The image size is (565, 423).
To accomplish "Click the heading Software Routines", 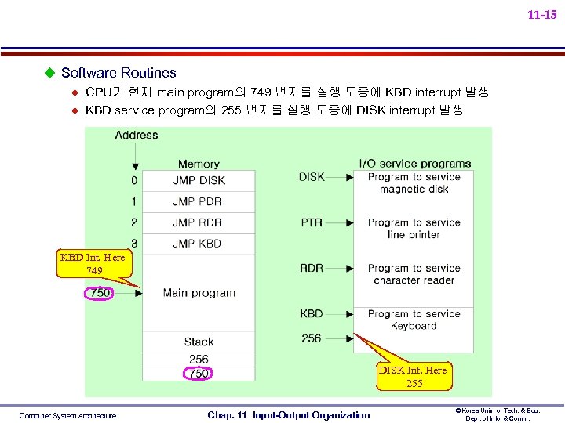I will [118, 73].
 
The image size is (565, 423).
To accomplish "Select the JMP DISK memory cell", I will [199, 180].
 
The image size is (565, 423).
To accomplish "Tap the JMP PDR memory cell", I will [197, 201].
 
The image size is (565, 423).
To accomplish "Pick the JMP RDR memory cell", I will [197, 222].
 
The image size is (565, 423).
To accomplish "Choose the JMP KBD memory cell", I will [197, 244].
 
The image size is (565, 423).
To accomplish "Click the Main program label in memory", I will [199, 293].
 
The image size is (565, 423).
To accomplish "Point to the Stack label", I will [199, 342].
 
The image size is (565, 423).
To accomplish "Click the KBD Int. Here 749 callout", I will [93, 264].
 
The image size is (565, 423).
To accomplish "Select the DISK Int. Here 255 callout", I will [414, 377].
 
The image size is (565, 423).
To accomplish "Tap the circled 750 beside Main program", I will [100, 293].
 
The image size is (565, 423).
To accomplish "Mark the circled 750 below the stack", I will [199, 374].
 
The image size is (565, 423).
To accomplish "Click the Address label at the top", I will [137, 135].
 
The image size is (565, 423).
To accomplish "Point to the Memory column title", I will [199, 164].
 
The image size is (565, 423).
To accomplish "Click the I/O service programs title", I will [415, 163].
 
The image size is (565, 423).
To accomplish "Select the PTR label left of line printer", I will [312, 222].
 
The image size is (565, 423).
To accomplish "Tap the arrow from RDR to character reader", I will [340, 268].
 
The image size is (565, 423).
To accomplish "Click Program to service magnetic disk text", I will [414, 183].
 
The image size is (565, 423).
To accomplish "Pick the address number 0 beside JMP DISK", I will [134, 180].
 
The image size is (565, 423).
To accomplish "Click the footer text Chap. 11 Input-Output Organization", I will [288, 415].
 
